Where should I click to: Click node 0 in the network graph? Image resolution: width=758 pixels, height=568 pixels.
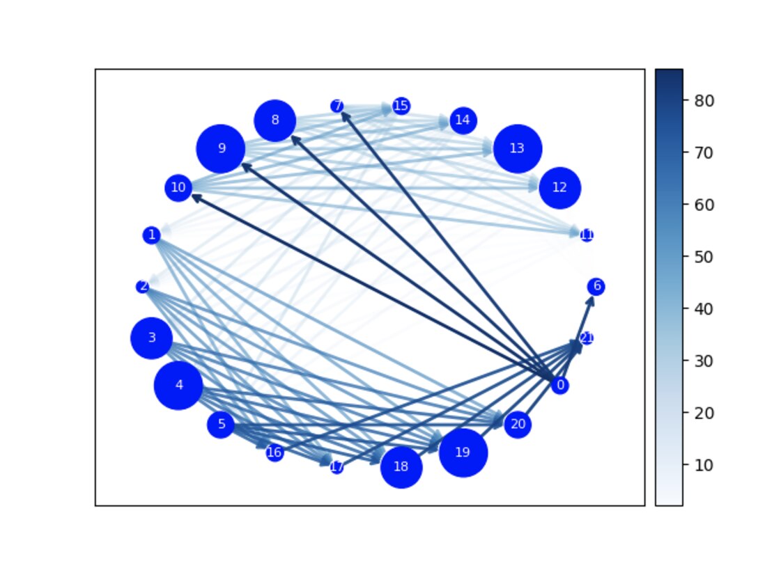coord(559,385)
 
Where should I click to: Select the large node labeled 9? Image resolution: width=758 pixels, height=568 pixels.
coord(221,148)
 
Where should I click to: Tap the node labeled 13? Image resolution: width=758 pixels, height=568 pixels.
coord(517,148)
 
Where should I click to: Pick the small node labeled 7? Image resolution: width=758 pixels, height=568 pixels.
coord(337,106)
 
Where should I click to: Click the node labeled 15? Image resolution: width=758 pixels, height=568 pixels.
coord(401,106)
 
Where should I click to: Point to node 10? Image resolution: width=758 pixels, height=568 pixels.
coord(178,187)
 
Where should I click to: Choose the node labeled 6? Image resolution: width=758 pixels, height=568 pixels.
coord(596,286)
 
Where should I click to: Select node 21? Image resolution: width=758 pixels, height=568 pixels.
coord(587,338)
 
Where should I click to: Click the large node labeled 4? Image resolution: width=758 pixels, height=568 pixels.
coord(178,385)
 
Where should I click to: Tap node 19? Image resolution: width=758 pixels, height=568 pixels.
coord(463,452)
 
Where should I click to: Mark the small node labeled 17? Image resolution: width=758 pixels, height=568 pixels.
coord(337,467)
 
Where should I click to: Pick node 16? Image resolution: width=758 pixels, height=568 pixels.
coord(274,452)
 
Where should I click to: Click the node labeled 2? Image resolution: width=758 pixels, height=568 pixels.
coord(142,286)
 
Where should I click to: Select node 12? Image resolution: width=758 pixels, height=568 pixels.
coord(559,187)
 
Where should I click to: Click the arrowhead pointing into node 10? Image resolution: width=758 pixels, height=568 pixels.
coord(196,198)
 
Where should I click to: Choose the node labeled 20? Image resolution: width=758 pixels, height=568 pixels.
coord(517,424)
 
